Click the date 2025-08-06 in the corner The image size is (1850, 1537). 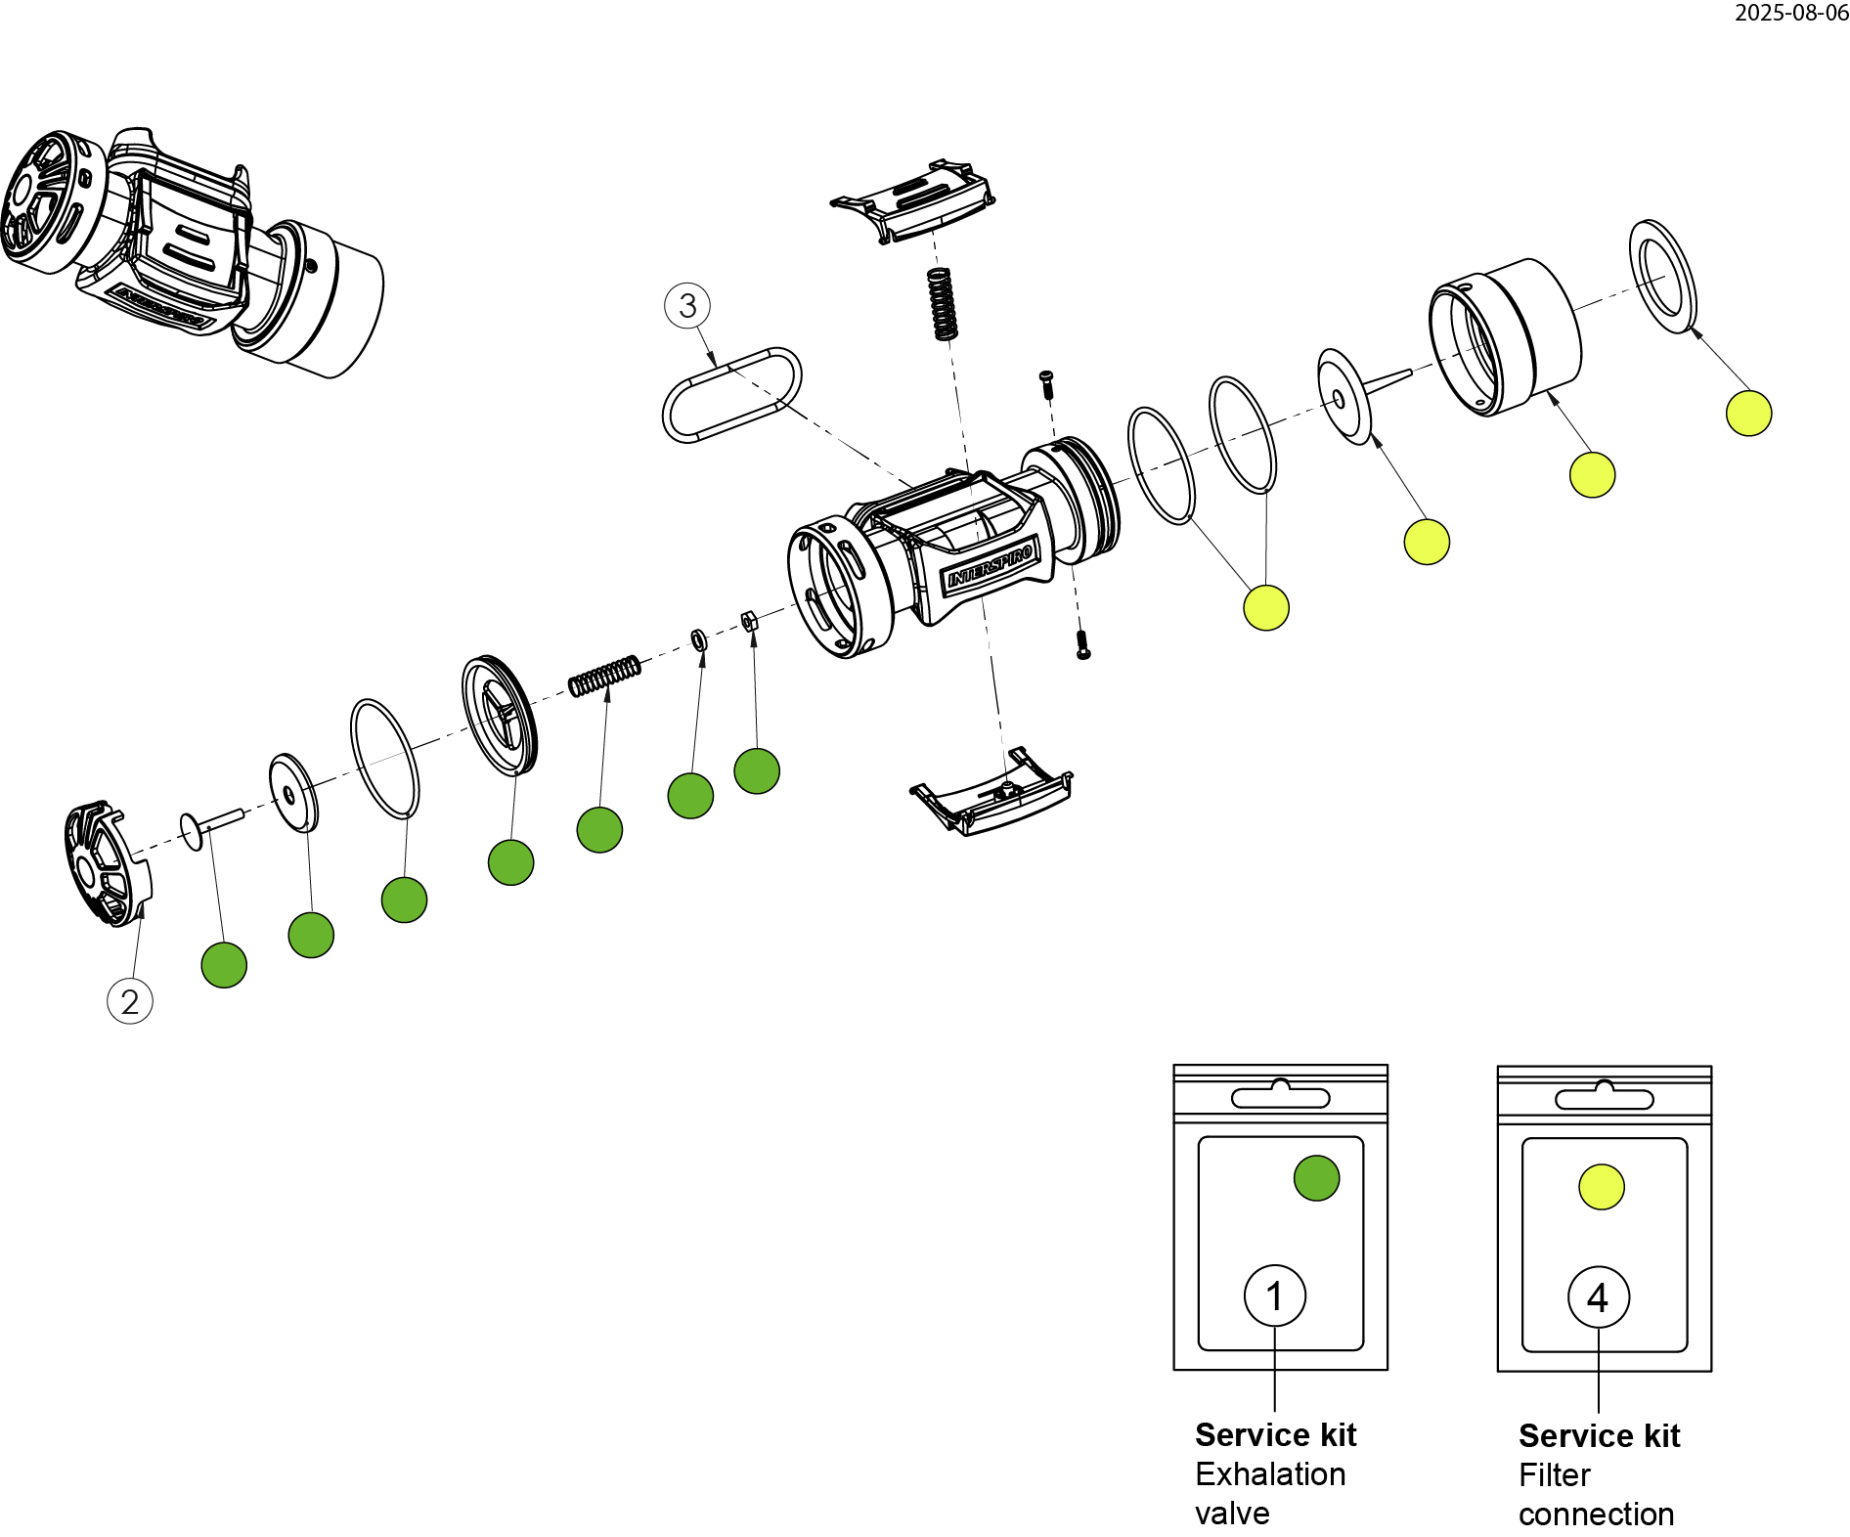(1790, 13)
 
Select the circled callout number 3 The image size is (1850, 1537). (687, 306)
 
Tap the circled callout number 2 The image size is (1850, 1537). (130, 1001)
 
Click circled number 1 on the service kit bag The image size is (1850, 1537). (1274, 1295)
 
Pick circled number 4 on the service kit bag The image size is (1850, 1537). (1598, 1297)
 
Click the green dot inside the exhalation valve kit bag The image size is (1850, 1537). (1316, 1178)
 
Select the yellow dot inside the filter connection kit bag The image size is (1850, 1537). (1601, 1187)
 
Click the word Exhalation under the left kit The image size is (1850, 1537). (1270, 1474)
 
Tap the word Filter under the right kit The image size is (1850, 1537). (1554, 1475)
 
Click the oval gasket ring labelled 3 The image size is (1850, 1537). (732, 394)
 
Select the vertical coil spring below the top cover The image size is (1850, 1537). (942, 304)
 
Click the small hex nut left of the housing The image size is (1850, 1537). (750, 620)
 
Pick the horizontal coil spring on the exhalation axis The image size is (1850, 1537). (605, 675)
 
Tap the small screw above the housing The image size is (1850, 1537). (1046, 382)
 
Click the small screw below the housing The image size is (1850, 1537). (1082, 644)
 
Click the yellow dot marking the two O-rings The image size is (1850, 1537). (1265, 607)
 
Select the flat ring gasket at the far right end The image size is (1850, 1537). (1662, 276)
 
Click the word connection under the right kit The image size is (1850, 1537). (1596, 1515)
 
